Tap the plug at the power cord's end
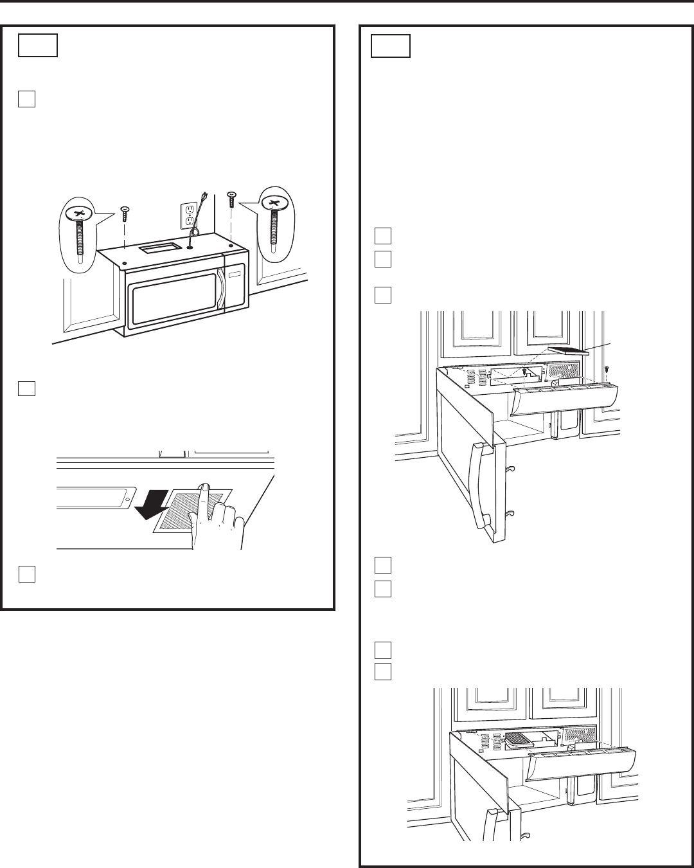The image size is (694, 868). pos(204,195)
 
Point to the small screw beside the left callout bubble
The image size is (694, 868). pos(125,210)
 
